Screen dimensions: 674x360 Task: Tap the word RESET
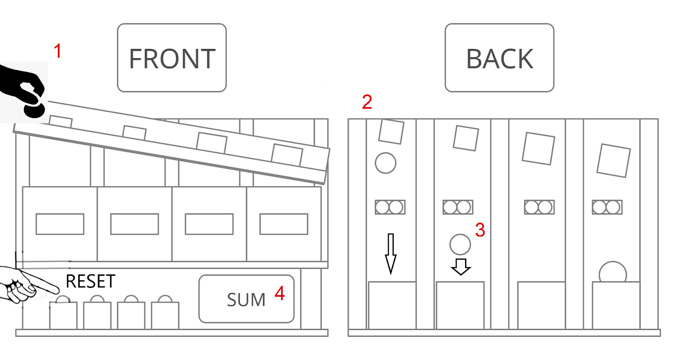(90, 281)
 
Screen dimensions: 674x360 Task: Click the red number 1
(57, 51)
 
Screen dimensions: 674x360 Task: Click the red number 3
(480, 230)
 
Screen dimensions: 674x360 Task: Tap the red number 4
(280, 293)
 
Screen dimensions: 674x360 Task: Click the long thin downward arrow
(390, 253)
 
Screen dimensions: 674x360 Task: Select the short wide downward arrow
(461, 267)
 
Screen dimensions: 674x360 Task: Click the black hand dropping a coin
(23, 90)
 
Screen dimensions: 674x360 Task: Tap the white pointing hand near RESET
(29, 285)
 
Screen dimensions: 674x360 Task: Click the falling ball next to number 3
(460, 244)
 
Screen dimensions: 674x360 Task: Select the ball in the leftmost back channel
(385, 163)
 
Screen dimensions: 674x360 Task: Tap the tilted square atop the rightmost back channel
(613, 161)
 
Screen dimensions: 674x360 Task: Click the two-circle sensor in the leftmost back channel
(390, 207)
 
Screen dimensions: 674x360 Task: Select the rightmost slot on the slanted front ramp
(287, 155)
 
